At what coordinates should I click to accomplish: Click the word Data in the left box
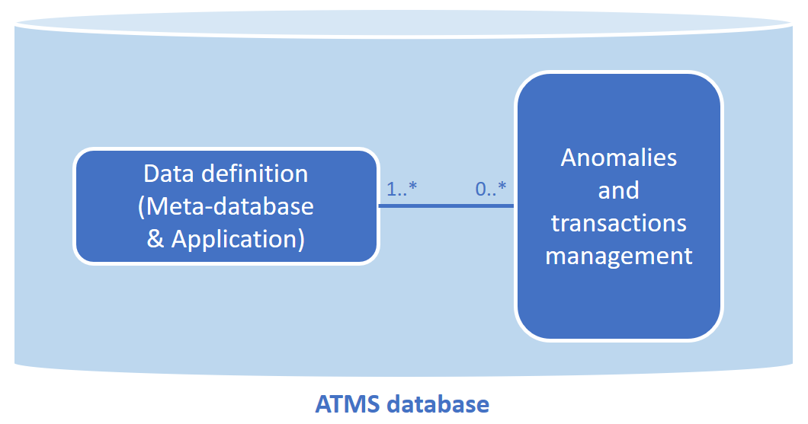pos(169,174)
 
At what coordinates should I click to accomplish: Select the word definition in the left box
pos(255,174)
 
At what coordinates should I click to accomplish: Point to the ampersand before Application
pos(156,239)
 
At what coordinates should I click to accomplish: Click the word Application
pos(235,239)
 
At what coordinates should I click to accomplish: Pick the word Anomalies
pos(618,158)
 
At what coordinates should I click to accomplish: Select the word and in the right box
pos(618,190)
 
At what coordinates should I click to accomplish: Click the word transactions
pos(618,223)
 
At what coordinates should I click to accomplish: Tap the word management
pos(618,256)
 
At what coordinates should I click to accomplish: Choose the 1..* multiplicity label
pos(402,190)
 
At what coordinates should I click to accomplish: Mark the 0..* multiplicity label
pos(491,190)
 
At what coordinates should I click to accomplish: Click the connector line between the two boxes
pos(447,206)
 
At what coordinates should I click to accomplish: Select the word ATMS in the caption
pos(348,403)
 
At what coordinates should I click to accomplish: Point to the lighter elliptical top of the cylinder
pos(404,23)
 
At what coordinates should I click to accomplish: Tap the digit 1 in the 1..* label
pos(391,190)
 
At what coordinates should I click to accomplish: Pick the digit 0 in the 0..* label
pos(480,190)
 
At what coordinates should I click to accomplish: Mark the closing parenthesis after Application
pos(301,239)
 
